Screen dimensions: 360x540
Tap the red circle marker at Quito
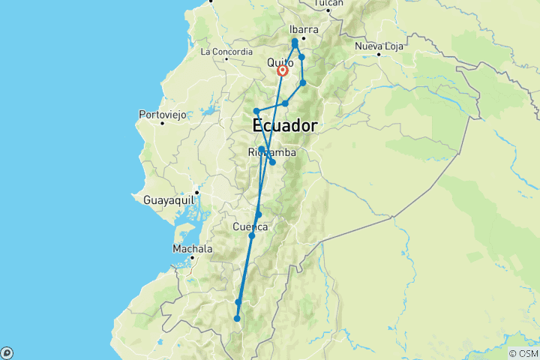(x=283, y=71)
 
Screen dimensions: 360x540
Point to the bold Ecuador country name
(x=285, y=125)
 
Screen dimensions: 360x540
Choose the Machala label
(x=193, y=248)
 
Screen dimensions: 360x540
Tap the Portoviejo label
(x=162, y=115)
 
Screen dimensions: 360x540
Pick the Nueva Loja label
(x=379, y=46)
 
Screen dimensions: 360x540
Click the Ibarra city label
(x=304, y=30)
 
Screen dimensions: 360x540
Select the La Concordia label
(x=226, y=51)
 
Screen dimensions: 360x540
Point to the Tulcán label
(x=328, y=4)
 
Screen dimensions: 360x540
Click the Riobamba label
(x=271, y=153)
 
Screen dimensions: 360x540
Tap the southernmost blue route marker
(x=237, y=319)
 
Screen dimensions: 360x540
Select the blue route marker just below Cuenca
(x=252, y=236)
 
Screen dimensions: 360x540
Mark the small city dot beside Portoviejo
(x=162, y=123)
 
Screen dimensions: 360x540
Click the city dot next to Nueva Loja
(x=379, y=55)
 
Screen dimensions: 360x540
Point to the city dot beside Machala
(x=193, y=256)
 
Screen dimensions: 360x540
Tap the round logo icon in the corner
(x=7, y=352)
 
